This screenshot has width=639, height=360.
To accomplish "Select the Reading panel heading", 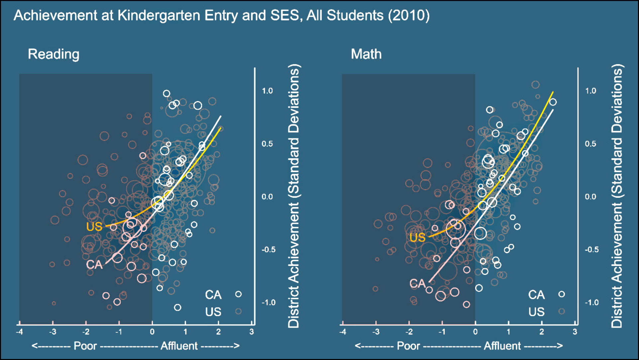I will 53,54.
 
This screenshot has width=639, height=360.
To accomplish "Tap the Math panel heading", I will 366,54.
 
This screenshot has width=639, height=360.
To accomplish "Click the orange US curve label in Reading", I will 94,227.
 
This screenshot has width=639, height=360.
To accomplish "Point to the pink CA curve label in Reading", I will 94,265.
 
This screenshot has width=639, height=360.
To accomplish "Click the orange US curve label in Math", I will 417,238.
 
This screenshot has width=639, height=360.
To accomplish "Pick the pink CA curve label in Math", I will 417,283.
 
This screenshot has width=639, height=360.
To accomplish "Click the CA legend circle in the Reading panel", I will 238,294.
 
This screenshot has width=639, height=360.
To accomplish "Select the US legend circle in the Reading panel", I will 238,311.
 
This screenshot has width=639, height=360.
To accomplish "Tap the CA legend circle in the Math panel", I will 562,294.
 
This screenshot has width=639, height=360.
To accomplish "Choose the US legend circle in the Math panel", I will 562,311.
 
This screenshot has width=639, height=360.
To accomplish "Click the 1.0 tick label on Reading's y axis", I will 267,91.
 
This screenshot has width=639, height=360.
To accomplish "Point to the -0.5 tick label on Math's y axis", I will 591,250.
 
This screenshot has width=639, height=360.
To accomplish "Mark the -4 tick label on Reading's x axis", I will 20,332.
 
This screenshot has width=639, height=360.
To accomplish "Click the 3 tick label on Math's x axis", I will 575,332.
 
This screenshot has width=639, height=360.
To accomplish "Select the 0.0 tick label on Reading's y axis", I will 267,197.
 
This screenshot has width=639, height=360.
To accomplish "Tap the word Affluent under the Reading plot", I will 179,346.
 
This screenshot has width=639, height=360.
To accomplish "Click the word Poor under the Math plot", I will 408,346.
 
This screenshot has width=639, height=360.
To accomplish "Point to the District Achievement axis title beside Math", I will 617,196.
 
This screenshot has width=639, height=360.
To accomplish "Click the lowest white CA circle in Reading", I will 178,307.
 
